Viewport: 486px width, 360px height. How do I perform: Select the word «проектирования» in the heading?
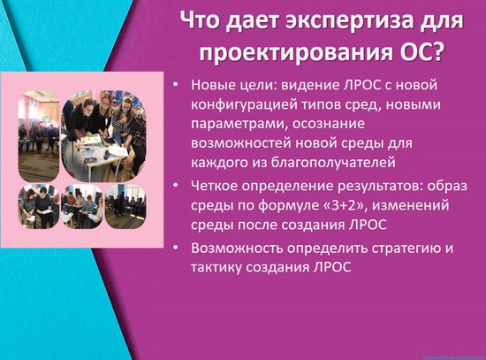pos(296,53)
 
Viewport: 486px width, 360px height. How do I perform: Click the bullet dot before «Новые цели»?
pos(176,84)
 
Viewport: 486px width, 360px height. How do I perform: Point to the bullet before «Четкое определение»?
pos(176,185)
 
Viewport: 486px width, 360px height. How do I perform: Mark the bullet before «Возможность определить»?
pos(176,248)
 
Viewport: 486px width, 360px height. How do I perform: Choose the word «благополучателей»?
pos(333,163)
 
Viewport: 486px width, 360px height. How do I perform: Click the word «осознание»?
pos(329,124)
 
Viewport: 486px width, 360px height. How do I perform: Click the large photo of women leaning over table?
pos(104,136)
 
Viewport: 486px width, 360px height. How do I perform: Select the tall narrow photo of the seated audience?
pos(39,136)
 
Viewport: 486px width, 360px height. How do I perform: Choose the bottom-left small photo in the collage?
pos(39,206)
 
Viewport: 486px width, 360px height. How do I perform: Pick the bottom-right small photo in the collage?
pos(125,206)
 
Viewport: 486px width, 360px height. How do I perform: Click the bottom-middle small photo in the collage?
pos(82,206)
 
